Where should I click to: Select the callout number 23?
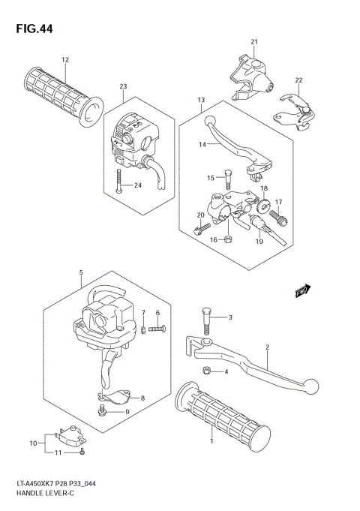[x=122, y=86]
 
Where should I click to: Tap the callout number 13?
[x=201, y=99]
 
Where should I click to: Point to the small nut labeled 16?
[x=229, y=239]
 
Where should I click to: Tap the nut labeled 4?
[x=205, y=371]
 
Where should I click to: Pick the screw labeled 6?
[x=156, y=326]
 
